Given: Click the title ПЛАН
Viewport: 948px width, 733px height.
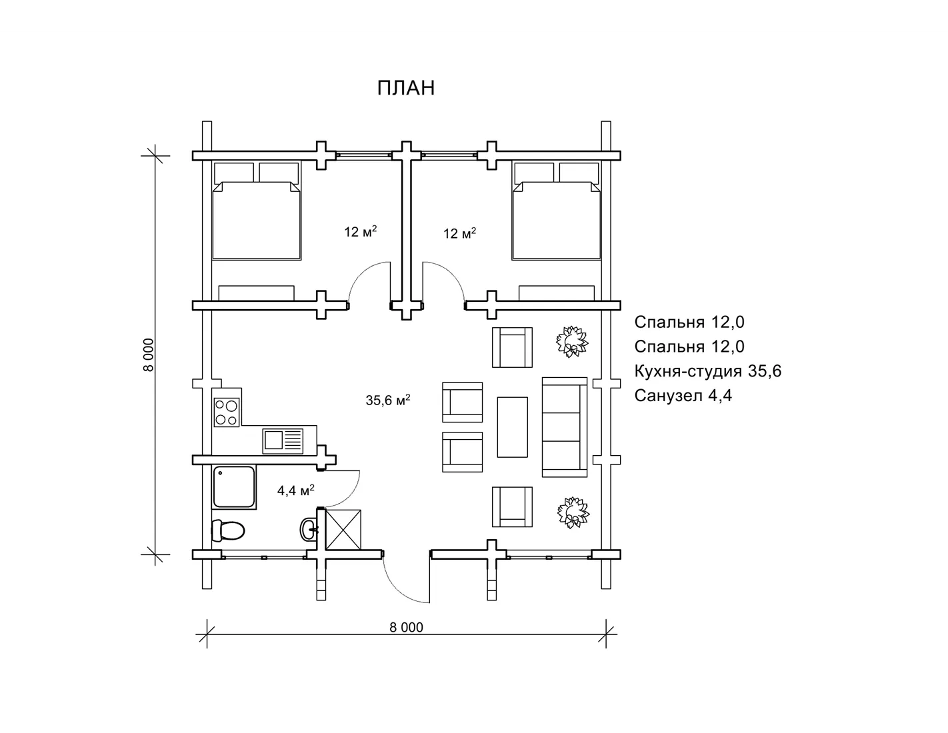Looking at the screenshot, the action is (406, 88).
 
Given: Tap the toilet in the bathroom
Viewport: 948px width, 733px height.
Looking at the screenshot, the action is (228, 530).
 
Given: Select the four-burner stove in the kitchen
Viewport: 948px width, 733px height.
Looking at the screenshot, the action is (227, 412).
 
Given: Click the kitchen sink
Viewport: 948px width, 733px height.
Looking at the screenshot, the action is (283, 441).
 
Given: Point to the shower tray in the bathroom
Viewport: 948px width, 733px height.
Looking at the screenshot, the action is (234, 487).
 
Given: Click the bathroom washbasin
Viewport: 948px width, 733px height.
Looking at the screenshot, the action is (309, 529).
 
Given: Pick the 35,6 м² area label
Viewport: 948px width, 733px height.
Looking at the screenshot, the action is (388, 400).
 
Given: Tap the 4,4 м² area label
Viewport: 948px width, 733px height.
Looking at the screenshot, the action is (296, 490).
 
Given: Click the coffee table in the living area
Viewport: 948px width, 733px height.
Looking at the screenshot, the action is (512, 427).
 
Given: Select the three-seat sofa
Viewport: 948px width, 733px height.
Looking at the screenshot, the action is (565, 427).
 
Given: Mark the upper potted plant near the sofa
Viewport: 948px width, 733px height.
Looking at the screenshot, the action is (572, 341).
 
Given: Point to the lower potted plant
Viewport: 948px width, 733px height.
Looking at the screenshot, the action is (573, 512).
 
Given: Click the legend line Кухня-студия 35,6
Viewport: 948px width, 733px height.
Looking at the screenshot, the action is (707, 371).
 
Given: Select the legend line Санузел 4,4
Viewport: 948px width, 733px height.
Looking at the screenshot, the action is (683, 396).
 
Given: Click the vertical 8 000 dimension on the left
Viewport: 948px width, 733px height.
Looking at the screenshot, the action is (149, 355).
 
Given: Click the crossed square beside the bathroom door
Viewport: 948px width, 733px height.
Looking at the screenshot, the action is (343, 529).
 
